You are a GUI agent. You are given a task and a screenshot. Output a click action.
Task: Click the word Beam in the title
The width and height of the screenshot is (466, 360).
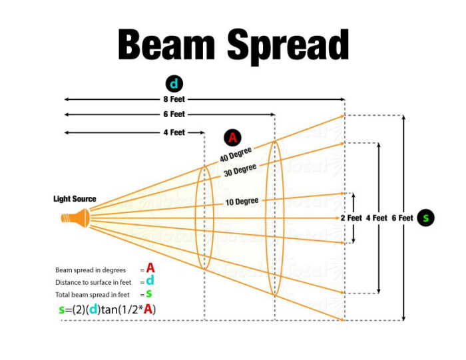pos(166,45)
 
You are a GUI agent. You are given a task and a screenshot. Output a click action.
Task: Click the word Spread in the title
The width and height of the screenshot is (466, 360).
pos(288,47)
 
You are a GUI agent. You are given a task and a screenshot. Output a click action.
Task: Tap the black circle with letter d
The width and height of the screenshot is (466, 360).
pos(174,84)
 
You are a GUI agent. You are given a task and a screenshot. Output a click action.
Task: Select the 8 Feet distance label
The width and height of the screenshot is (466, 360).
pos(174,99)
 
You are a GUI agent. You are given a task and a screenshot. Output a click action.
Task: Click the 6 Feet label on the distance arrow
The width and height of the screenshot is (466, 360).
pos(174,114)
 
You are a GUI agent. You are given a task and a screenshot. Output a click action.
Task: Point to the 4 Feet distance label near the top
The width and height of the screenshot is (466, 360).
pos(174,132)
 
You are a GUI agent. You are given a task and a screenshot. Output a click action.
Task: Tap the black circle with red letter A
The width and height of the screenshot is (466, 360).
pos(233,138)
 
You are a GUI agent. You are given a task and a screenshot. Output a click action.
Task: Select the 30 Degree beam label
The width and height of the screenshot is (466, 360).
pos(240,170)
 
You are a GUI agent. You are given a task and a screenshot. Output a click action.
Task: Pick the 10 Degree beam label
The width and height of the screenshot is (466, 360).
pos(242,202)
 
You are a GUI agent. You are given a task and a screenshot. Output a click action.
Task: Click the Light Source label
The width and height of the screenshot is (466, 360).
pos(75,199)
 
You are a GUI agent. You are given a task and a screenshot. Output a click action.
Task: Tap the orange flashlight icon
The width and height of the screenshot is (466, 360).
pos(75,218)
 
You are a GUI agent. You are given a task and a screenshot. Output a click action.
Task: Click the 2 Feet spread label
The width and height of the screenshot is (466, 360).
pos(351,218)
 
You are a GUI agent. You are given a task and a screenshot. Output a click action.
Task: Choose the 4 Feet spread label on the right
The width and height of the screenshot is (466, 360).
pos(377,218)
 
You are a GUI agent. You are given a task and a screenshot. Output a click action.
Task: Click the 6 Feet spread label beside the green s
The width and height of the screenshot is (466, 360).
pos(402,218)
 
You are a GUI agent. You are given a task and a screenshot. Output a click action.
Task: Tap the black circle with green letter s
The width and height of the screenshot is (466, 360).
pos(425,218)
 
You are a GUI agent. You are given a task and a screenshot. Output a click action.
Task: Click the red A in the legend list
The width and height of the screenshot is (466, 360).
pos(150,268)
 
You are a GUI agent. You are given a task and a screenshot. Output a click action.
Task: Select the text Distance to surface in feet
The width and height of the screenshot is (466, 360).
pos(93,282)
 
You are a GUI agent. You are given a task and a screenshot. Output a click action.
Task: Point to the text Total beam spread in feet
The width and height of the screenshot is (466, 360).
pos(93,295)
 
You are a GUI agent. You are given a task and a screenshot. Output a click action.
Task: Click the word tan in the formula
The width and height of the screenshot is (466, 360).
pos(109,310)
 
